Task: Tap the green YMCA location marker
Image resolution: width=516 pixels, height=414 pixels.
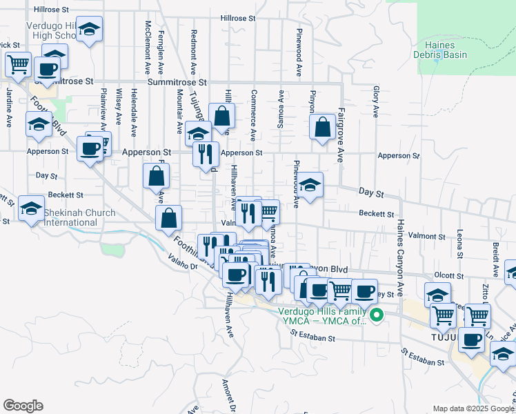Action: click(376, 316)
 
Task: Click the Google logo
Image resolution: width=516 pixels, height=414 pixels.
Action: click(23, 406)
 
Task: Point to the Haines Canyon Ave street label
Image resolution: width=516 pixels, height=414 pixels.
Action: click(399, 253)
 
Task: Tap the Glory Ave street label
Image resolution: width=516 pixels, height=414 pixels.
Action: click(376, 101)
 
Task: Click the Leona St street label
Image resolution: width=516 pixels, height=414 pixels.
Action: click(459, 246)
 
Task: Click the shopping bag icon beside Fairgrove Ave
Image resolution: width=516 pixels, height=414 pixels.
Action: click(322, 127)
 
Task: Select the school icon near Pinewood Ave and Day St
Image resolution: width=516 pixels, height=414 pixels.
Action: click(310, 185)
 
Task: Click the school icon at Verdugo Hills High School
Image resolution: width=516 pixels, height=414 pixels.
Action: click(88, 30)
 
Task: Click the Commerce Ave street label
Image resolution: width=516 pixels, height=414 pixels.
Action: click(254, 115)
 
